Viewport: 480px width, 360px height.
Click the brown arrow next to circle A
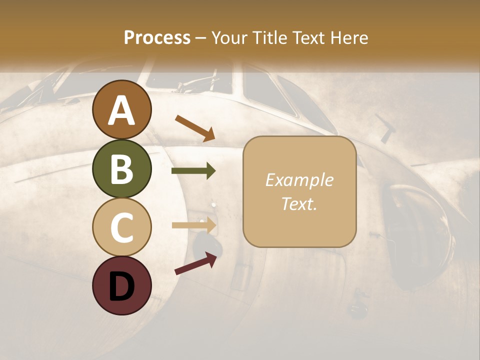[194, 127]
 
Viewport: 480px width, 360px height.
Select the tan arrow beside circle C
[194, 225]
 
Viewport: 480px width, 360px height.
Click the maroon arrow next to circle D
[195, 263]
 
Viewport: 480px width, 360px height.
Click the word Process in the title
[157, 38]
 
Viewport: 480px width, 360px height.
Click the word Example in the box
[299, 180]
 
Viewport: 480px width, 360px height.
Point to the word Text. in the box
[299, 203]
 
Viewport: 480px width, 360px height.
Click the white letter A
[121, 111]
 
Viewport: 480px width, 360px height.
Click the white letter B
[121, 169]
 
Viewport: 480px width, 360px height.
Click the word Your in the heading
[230, 38]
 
